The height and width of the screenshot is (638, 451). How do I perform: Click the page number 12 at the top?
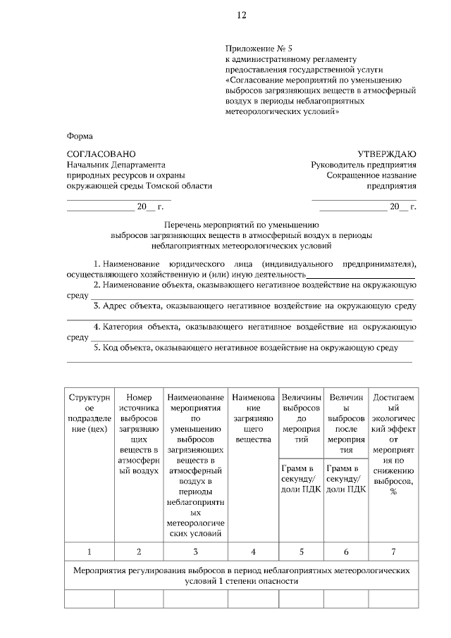point(241,15)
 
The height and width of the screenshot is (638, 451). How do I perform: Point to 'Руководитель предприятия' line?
point(364,165)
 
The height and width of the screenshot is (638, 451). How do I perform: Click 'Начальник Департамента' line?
point(115,165)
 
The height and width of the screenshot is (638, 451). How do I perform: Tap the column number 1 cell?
point(89,551)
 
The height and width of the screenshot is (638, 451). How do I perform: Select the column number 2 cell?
point(139,551)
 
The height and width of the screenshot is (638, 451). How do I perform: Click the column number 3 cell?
point(195,551)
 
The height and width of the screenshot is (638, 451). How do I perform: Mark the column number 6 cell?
point(346,551)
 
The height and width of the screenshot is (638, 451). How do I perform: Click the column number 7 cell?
point(393,551)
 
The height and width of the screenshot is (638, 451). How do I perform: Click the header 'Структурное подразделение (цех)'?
point(89,417)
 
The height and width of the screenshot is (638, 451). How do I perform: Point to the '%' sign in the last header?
point(393,491)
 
